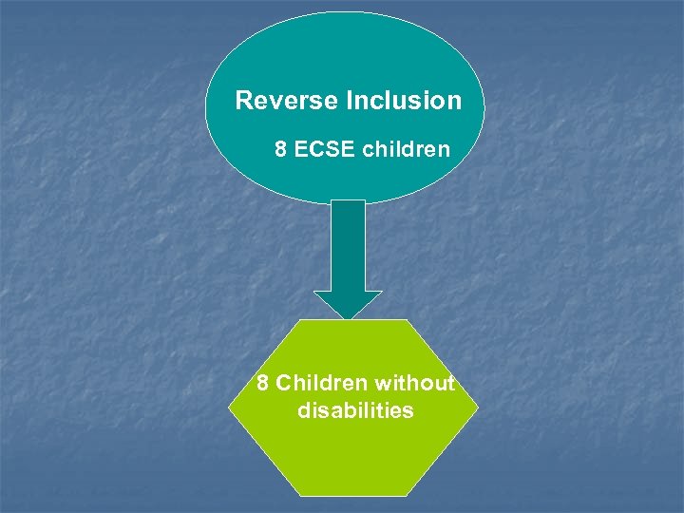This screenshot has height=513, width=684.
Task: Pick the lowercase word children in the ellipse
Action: [x=407, y=149]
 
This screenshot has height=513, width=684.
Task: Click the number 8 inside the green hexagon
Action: [x=263, y=384]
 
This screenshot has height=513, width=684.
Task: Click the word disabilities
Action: [x=355, y=411]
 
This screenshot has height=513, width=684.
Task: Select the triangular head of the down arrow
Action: [x=349, y=304]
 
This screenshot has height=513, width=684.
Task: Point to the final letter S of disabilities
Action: [x=408, y=411]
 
